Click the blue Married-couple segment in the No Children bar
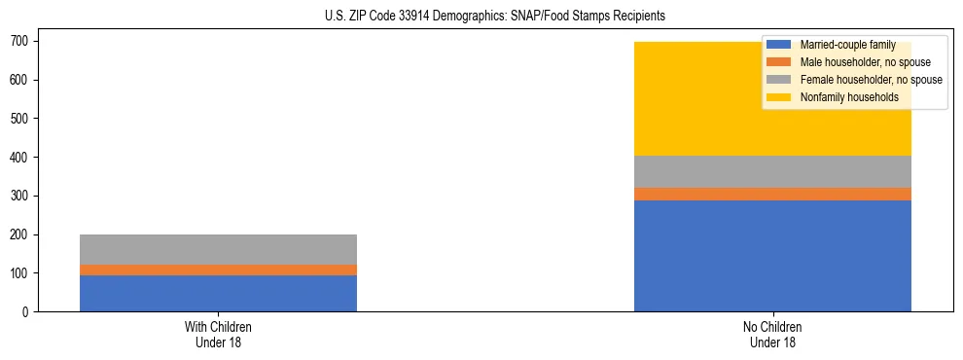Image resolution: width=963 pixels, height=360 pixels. tap(772, 256)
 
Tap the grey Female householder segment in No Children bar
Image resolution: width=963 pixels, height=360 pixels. tap(772, 171)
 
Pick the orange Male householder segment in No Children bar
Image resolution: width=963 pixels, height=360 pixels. tap(772, 194)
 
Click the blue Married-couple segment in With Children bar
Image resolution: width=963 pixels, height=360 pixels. tap(218, 293)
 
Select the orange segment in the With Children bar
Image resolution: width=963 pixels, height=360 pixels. tap(218, 270)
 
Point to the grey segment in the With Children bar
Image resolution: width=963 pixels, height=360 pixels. tap(218, 249)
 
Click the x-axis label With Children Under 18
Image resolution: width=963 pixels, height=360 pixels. tap(218, 334)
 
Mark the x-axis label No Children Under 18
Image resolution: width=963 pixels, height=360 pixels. tap(772, 334)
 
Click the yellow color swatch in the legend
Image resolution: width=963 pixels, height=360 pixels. tap(779, 97)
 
